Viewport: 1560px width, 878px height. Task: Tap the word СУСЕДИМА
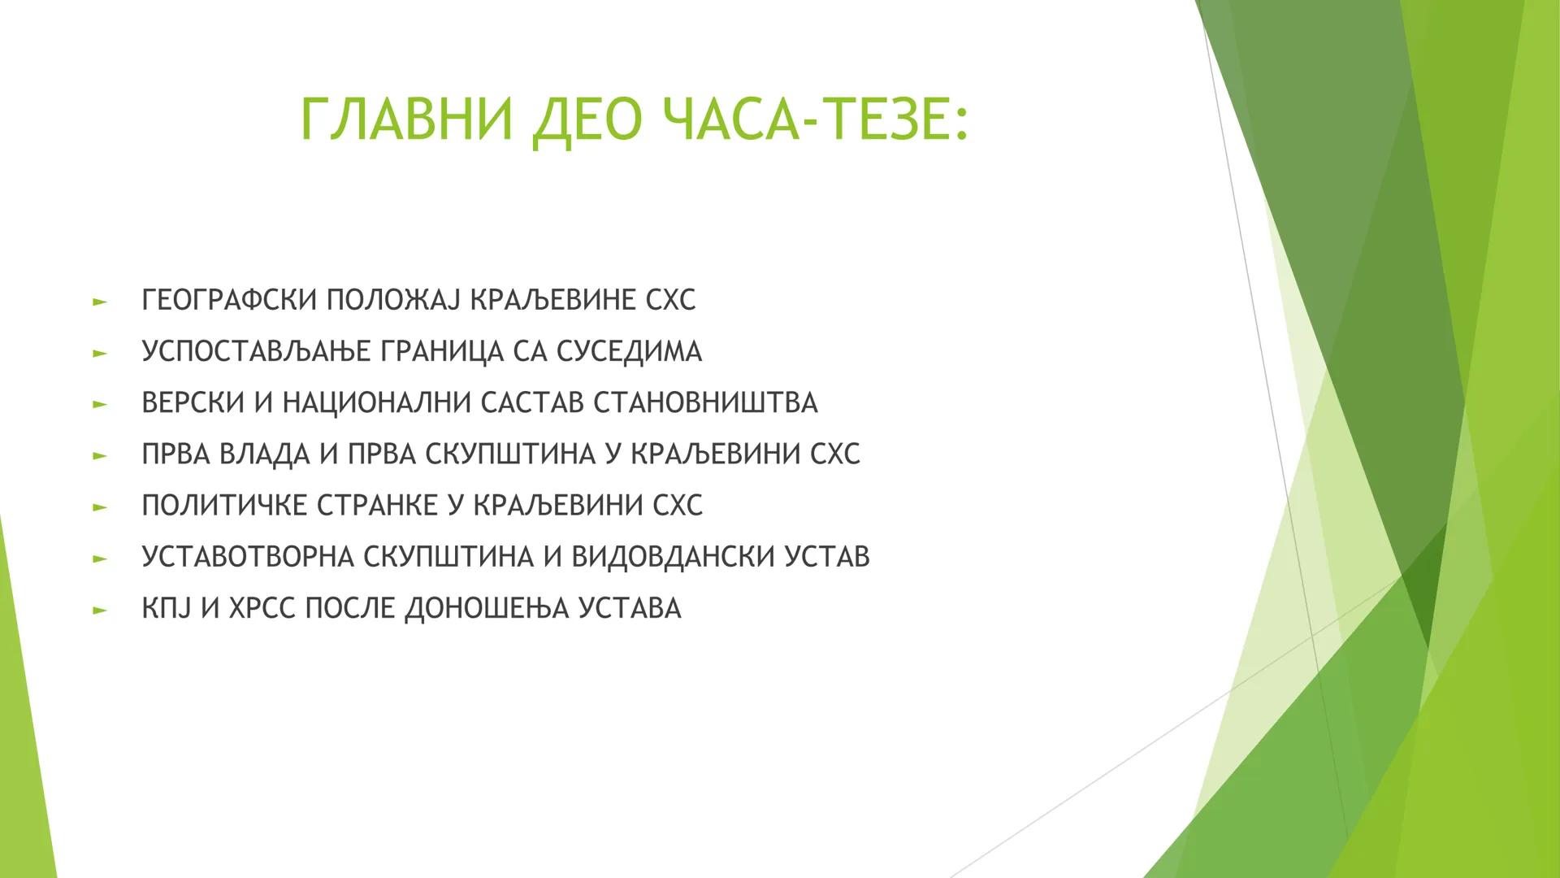click(x=630, y=351)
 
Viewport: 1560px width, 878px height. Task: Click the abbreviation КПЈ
click(x=167, y=607)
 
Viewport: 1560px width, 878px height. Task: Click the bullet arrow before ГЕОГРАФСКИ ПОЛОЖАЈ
click(x=100, y=302)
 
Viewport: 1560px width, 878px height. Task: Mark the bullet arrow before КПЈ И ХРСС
click(x=100, y=609)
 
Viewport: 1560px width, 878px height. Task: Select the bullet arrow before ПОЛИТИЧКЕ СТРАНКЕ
click(x=100, y=506)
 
